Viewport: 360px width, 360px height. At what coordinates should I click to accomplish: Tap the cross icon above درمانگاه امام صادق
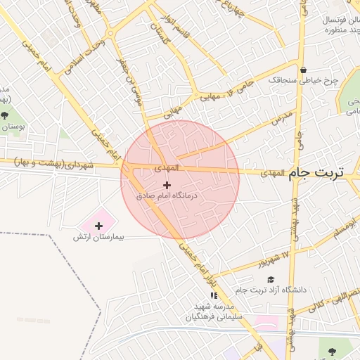(166, 185)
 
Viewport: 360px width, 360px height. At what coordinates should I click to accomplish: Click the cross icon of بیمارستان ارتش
(98, 226)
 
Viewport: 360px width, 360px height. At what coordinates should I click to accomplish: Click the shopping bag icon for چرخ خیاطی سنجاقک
(303, 70)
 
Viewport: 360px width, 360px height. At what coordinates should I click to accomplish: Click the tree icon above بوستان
(6, 115)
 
